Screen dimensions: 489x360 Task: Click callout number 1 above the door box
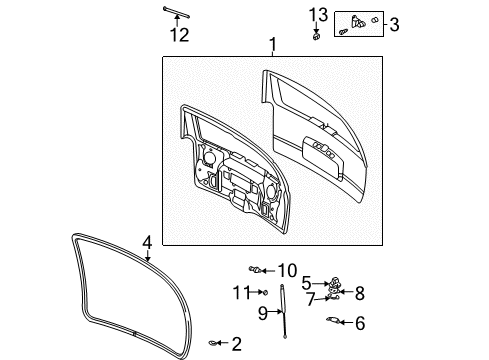coord(271,45)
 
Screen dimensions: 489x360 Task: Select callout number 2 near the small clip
coord(236,345)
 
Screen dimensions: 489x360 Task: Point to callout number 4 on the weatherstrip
coord(146,242)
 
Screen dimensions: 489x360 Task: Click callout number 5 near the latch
coord(307,282)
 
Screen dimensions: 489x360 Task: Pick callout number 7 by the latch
coord(311,298)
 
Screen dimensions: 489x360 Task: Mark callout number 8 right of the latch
coord(359,292)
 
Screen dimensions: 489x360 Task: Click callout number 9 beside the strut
coord(263,312)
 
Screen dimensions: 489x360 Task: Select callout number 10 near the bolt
coord(287,270)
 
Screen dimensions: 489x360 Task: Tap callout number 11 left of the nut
coord(239,292)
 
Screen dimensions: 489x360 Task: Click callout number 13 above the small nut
coord(317,14)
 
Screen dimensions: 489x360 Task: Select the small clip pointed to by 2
coord(215,344)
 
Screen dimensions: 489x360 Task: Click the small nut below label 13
coord(316,37)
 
